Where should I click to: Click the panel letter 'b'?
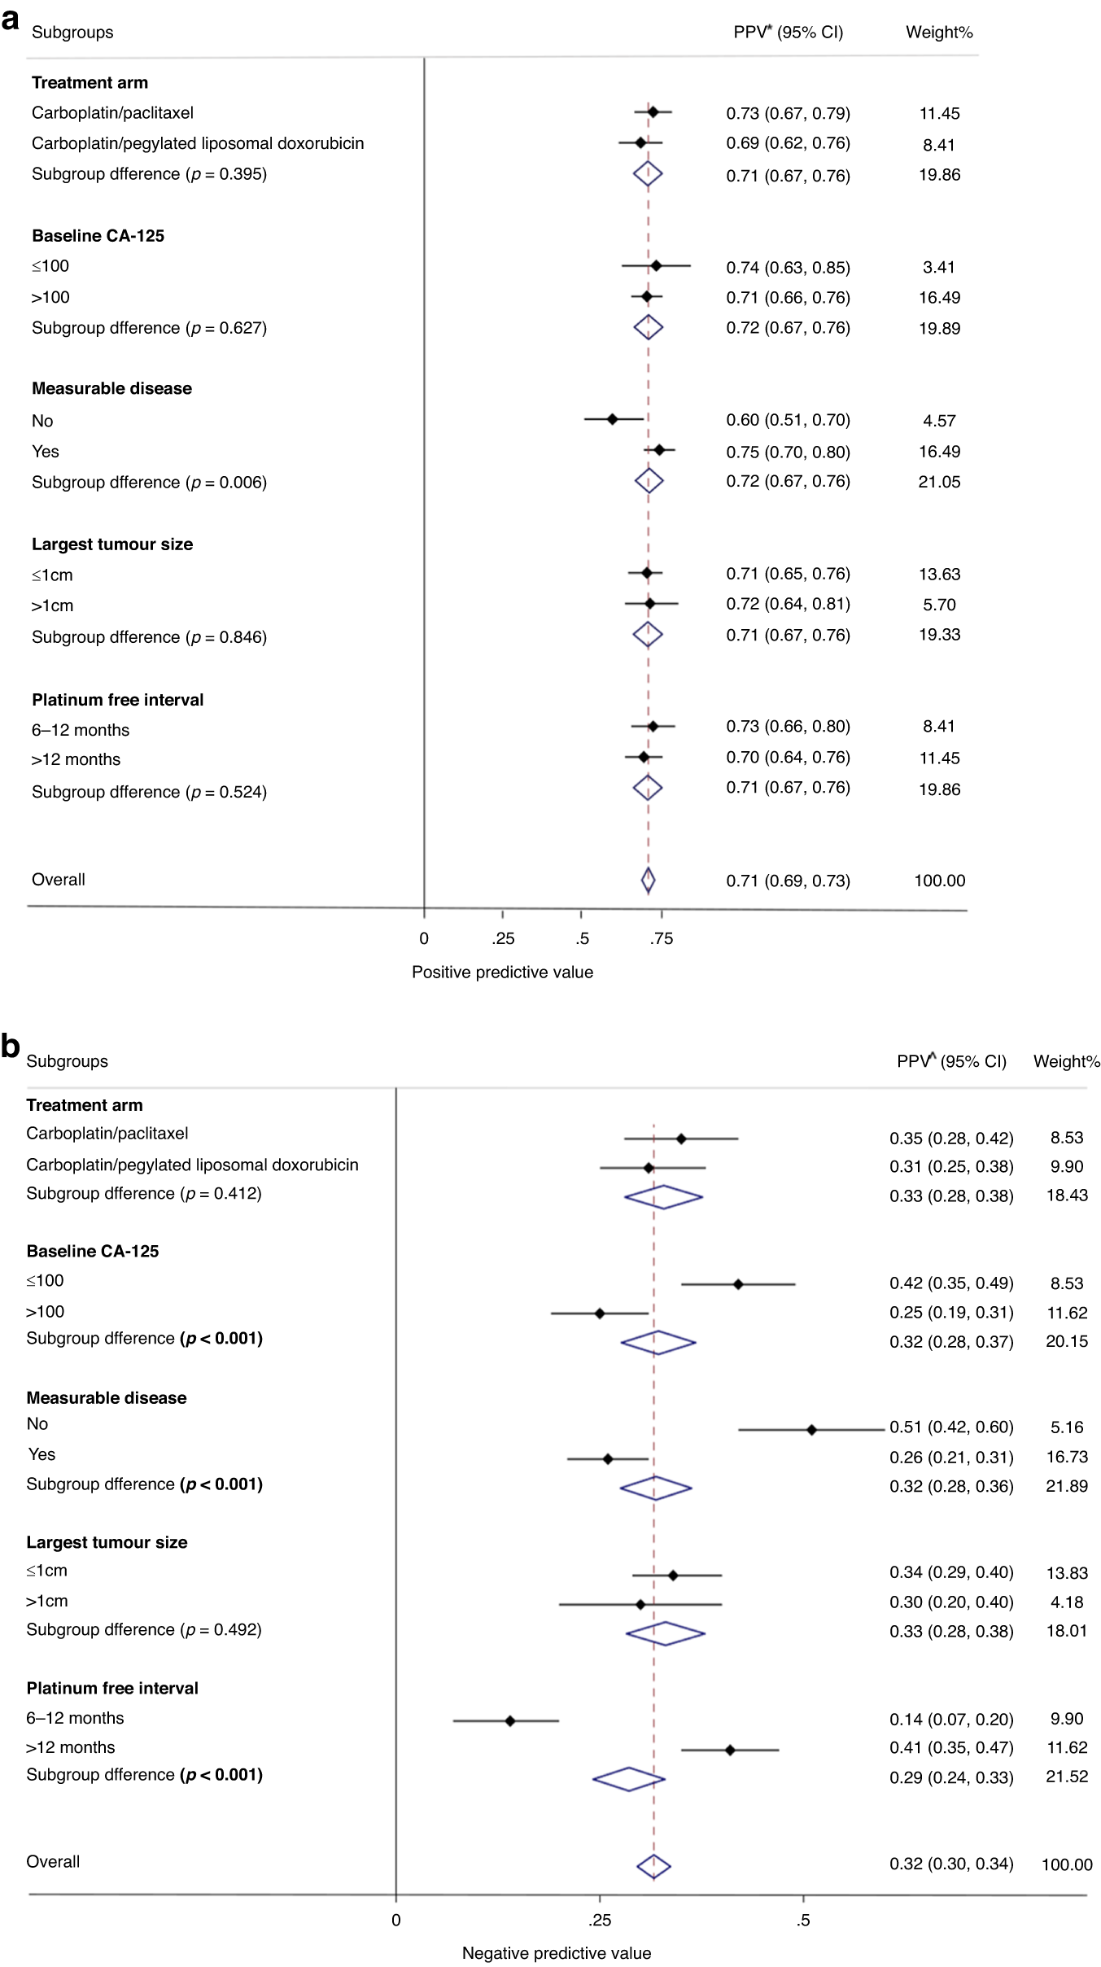(11, 1046)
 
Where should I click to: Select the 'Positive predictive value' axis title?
(502, 972)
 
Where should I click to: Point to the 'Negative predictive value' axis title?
(557, 1952)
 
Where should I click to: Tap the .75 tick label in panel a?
(662, 938)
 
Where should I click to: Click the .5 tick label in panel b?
(803, 1920)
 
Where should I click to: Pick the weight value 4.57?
(939, 421)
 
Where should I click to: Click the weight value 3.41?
(939, 267)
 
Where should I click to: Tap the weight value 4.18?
(1067, 1602)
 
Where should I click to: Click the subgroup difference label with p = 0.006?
(149, 482)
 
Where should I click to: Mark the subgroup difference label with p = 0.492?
(144, 1629)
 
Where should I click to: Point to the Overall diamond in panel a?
(648, 880)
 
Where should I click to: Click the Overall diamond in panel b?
(653, 1866)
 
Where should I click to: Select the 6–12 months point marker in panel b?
(510, 1720)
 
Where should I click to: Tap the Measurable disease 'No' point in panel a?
(613, 419)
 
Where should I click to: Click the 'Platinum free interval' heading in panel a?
(118, 700)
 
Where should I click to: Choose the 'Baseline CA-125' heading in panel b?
(93, 1251)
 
